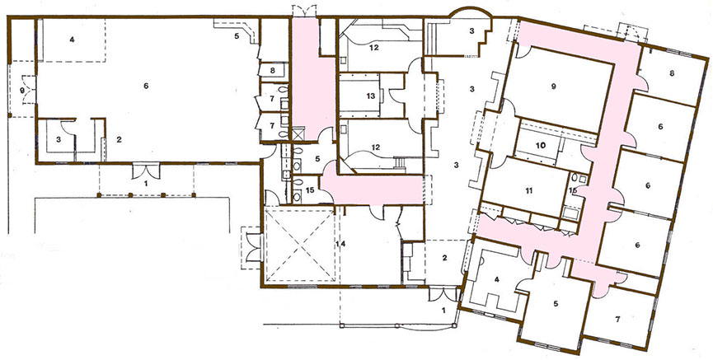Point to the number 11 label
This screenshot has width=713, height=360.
coord(528,189)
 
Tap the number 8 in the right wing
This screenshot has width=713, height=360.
coord(672,73)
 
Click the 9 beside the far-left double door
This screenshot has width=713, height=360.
coord(22,90)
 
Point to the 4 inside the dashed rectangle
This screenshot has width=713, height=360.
coord(72,39)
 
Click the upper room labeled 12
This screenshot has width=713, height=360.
coord(373,47)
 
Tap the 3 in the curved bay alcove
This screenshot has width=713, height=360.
coord(471,30)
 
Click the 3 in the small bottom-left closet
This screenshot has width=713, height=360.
coord(59,141)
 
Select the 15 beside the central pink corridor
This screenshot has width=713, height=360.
coord(309,190)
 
